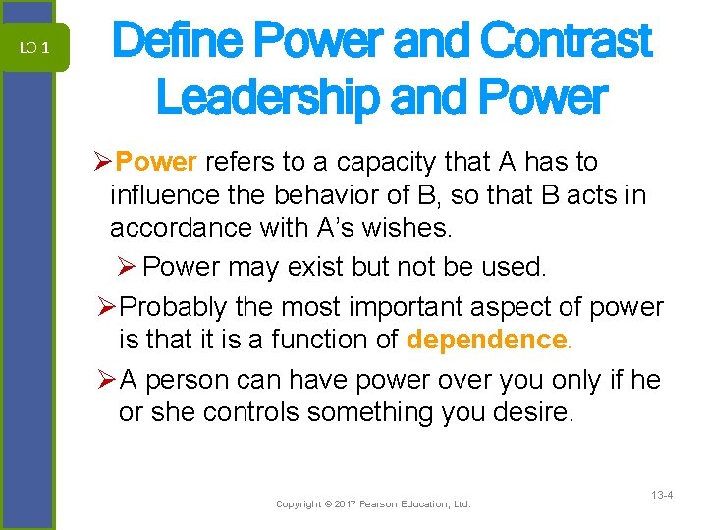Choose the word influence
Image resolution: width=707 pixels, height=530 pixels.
tap(163, 195)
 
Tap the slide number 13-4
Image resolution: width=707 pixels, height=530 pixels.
tap(661, 497)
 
